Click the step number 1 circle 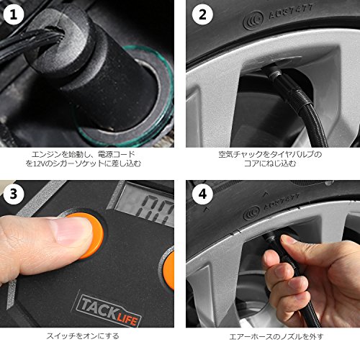[14, 14]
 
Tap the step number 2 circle [203, 14]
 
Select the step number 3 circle [14, 194]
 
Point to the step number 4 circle [203, 194]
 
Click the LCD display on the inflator [145, 204]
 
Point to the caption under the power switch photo [83, 336]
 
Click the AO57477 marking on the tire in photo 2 [291, 12]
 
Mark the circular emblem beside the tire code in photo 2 [253, 21]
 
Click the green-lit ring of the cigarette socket [125, 96]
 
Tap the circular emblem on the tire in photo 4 [251, 213]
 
